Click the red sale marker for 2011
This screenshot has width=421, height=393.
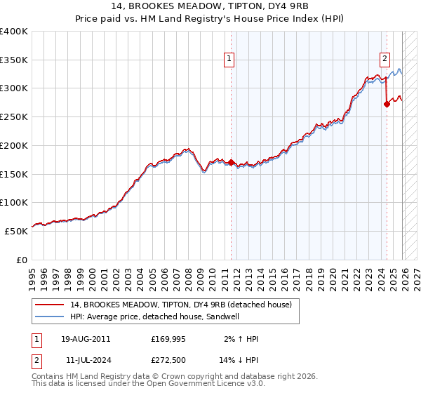click(231, 162)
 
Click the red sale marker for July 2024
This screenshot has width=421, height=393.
click(387, 104)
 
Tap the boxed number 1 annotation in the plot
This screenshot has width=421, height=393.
click(230, 60)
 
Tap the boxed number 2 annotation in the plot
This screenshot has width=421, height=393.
click(385, 60)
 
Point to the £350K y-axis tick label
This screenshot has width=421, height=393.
click(14, 60)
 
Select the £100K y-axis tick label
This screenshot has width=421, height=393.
click(14, 203)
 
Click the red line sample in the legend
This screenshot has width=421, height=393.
click(50, 305)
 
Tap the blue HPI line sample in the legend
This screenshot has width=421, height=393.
click(50, 317)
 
